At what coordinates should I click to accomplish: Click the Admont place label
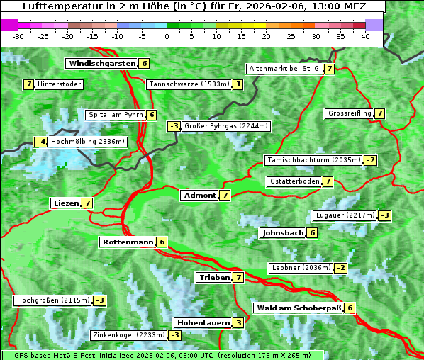[199, 195]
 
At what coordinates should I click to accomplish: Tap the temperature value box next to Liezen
[87, 203]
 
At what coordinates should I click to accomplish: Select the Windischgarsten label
[101, 64]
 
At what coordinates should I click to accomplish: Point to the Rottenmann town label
[127, 242]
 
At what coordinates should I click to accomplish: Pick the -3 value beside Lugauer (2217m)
[384, 215]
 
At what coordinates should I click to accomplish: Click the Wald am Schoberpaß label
[298, 308]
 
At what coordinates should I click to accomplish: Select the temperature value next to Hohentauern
[239, 323]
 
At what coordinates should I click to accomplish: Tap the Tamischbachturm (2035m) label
[313, 160]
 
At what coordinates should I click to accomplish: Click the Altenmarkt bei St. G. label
[284, 69]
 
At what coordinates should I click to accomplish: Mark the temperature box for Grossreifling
[380, 113]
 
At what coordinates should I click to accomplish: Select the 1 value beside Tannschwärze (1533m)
[238, 85]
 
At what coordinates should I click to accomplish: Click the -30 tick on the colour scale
[18, 36]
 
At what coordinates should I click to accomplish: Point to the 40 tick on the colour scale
[365, 36]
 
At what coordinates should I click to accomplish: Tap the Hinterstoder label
[60, 85]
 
